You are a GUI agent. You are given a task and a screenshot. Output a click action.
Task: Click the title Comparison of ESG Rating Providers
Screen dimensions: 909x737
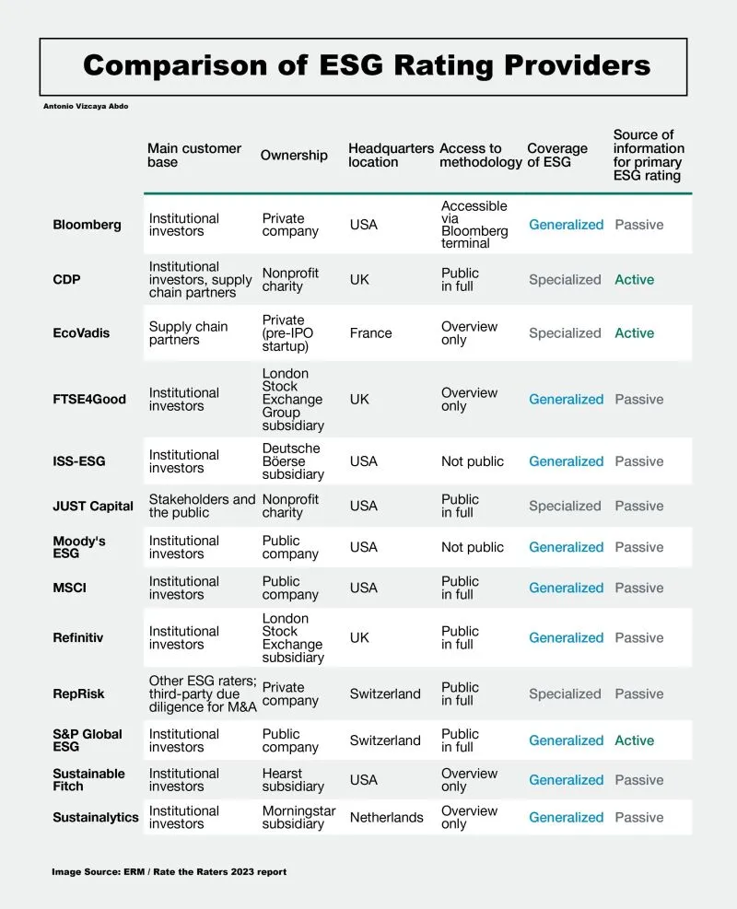pos(367,66)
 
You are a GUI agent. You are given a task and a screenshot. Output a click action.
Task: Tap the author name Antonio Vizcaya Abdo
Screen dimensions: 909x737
pos(88,106)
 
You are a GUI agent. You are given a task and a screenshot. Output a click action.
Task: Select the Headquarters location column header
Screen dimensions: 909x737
pos(391,155)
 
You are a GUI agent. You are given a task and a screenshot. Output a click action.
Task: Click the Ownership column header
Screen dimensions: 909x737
pos(294,155)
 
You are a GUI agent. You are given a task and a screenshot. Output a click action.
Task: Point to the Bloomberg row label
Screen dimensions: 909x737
pos(87,225)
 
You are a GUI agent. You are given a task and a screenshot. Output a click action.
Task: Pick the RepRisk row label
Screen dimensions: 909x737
pos(79,694)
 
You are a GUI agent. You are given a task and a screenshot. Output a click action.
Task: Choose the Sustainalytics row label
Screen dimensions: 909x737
pos(96,817)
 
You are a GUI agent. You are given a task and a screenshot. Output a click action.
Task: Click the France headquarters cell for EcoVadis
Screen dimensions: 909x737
pos(371,333)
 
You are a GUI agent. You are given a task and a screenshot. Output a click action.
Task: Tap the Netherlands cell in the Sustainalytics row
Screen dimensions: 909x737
pos(387,817)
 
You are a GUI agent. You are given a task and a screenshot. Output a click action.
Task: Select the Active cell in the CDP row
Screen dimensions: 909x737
pos(635,280)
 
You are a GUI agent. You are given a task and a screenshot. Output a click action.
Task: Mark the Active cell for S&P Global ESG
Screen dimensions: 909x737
pos(635,740)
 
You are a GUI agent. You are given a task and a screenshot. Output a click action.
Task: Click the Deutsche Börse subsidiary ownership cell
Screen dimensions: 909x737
pos(293,461)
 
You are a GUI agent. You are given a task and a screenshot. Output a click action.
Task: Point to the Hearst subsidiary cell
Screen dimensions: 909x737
pos(293,780)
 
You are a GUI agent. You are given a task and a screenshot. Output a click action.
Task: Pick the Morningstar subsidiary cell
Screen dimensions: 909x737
pos(298,817)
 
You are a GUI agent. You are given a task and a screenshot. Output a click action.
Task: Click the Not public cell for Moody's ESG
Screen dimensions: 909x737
pos(473,547)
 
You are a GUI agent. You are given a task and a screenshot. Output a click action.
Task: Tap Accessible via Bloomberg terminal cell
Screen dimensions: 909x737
pos(474,225)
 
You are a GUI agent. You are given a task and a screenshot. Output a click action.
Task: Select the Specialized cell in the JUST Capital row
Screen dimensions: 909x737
pos(565,506)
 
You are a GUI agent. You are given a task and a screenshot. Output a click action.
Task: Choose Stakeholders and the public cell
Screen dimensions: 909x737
pos(202,506)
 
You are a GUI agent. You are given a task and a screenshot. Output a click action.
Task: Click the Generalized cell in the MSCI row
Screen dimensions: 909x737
pos(566,588)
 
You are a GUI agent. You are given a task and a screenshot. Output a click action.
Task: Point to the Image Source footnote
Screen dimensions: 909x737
pos(169,871)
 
